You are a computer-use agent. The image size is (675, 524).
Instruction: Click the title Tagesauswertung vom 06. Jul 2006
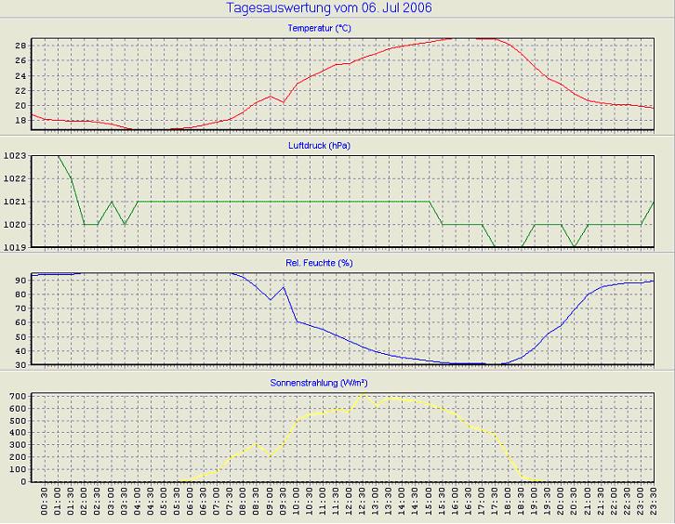point(329,8)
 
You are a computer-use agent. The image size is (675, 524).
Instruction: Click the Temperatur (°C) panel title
point(320,29)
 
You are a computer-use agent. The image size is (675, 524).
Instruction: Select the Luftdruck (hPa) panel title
point(320,146)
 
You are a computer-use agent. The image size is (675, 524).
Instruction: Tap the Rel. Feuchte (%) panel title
point(320,263)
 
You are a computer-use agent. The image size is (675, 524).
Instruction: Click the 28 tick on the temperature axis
point(20,46)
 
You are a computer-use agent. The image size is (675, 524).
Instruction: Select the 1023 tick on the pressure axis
point(16,156)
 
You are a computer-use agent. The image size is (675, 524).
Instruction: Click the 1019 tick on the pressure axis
point(16,248)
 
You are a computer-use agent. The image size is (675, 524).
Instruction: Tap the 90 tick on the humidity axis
point(20,280)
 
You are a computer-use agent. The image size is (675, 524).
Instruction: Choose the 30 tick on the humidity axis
point(20,365)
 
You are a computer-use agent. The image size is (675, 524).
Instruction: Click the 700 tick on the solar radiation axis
point(18,397)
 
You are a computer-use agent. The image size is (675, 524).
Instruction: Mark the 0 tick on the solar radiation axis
point(23,481)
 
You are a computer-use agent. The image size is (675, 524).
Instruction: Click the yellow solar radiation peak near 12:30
point(364,395)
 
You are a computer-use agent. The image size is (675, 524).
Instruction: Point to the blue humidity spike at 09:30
point(284,287)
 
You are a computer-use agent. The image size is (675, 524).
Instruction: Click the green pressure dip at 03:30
point(125,224)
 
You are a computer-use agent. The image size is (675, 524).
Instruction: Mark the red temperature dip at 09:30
point(284,102)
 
